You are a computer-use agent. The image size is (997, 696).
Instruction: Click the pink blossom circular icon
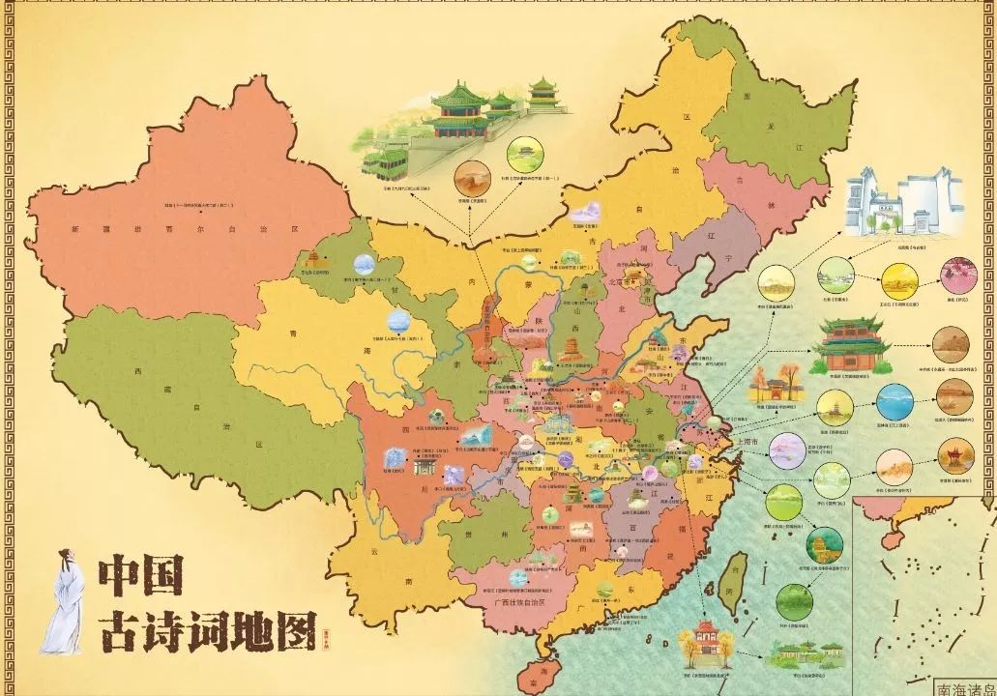(x=958, y=275)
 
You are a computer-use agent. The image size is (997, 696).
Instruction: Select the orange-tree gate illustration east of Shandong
(x=774, y=387)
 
